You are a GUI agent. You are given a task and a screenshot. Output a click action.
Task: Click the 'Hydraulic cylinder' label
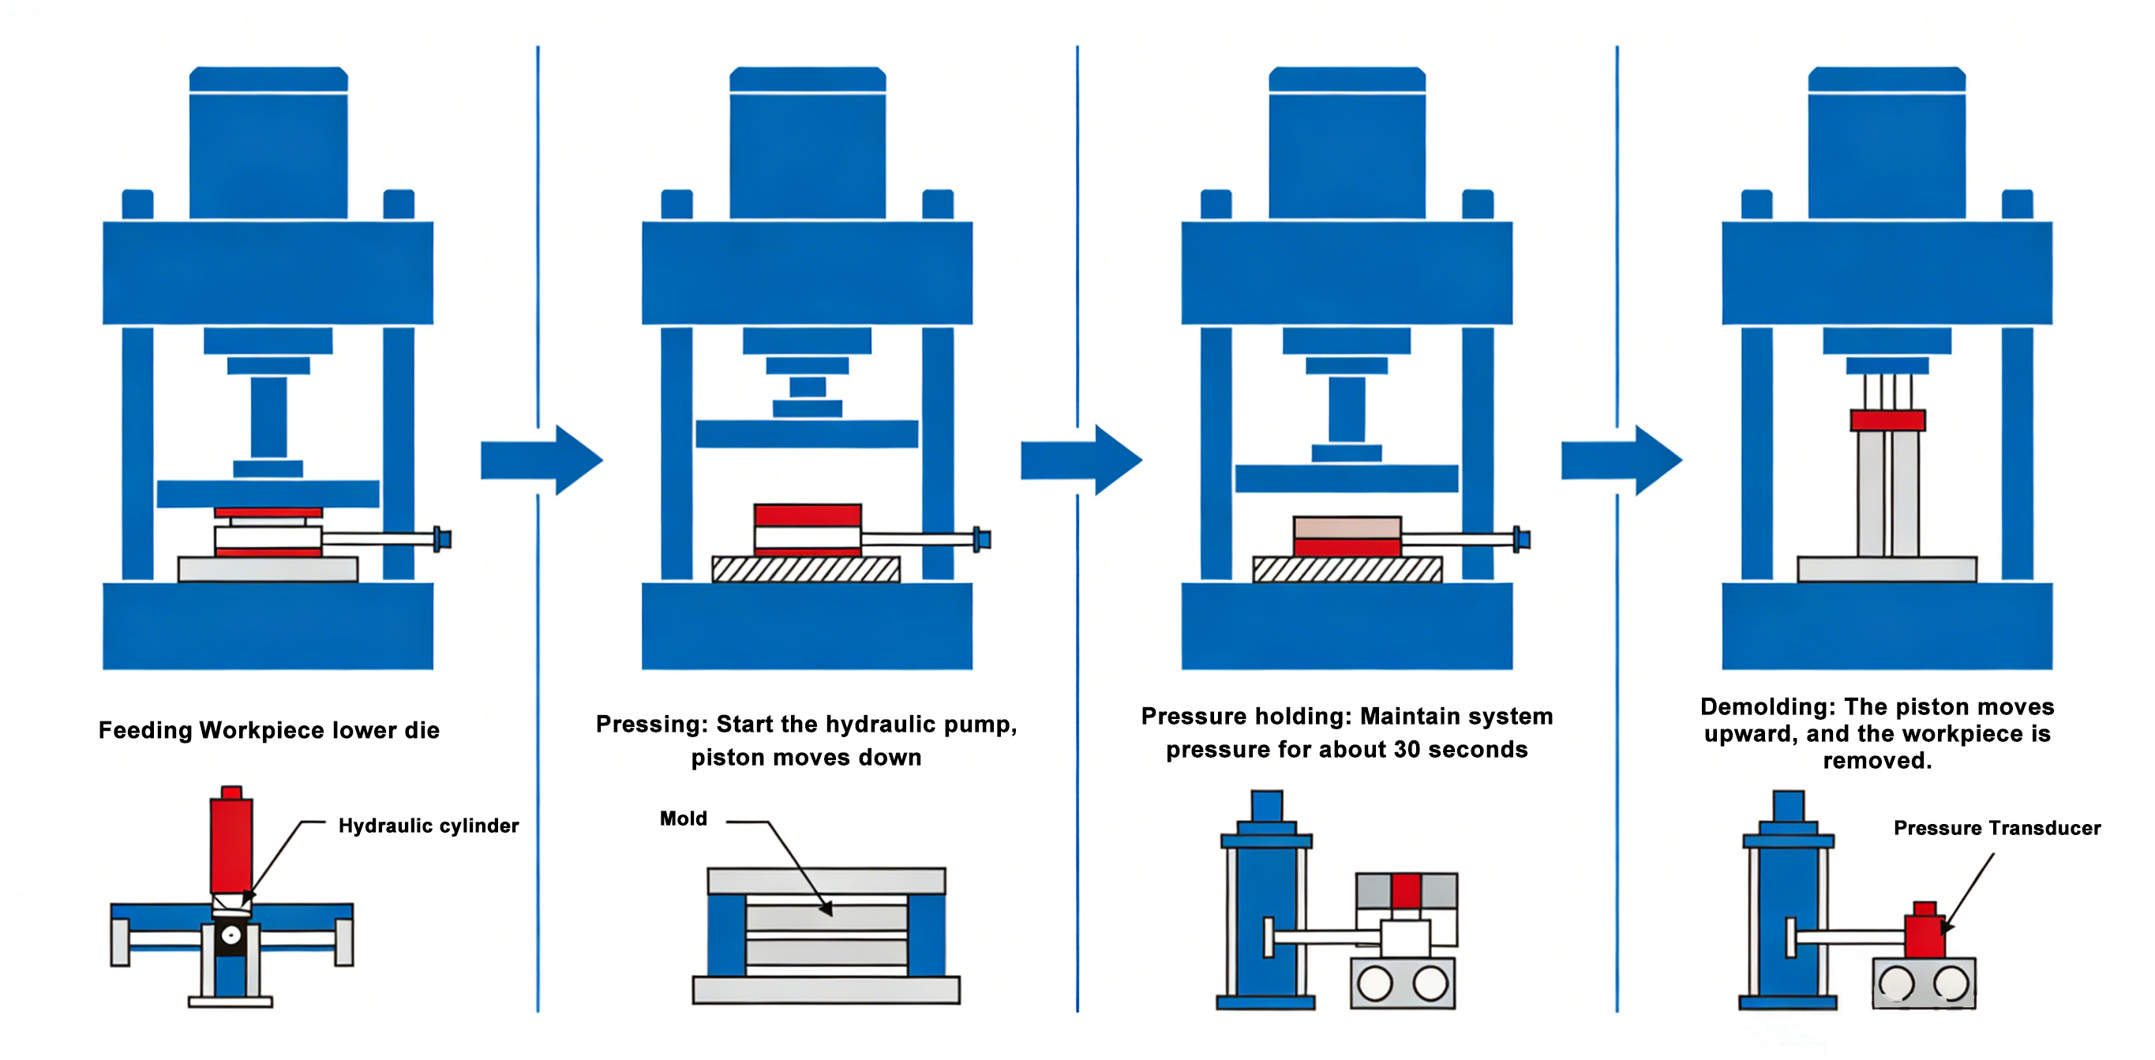coord(429,826)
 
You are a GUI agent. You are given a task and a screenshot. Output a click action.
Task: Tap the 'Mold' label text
coord(683,818)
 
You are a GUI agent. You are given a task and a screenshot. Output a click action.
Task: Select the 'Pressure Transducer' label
coord(1997,827)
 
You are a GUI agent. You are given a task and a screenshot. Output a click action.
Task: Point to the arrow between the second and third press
coord(1081,459)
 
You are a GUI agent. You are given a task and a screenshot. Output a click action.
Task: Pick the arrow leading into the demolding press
coord(1621,459)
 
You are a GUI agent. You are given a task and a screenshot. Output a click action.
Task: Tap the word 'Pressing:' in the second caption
coord(652,724)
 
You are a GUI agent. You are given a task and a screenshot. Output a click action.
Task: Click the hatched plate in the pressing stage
coord(806,570)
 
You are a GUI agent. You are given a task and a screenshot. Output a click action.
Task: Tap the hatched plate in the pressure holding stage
coord(1347,570)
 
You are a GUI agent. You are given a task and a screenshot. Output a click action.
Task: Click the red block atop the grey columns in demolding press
coord(1887,420)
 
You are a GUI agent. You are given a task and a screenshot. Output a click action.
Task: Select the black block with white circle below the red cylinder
coord(230,936)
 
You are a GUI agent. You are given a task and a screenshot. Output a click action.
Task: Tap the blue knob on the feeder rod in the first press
coord(442,539)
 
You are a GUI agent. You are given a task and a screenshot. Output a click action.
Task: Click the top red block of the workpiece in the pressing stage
coord(808,515)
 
